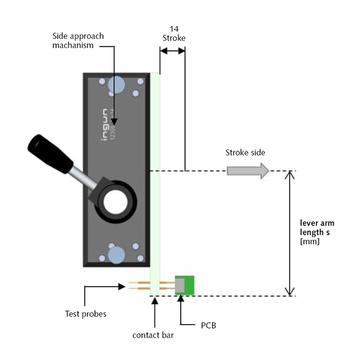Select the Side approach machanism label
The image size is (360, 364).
click(78, 41)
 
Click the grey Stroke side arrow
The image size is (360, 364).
click(248, 171)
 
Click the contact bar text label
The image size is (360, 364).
click(153, 335)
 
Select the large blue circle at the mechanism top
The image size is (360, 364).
click(116, 85)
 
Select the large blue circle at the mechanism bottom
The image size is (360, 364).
click(117, 254)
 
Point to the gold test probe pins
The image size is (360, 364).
click(137, 285)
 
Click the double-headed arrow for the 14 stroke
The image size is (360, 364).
click(172, 51)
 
